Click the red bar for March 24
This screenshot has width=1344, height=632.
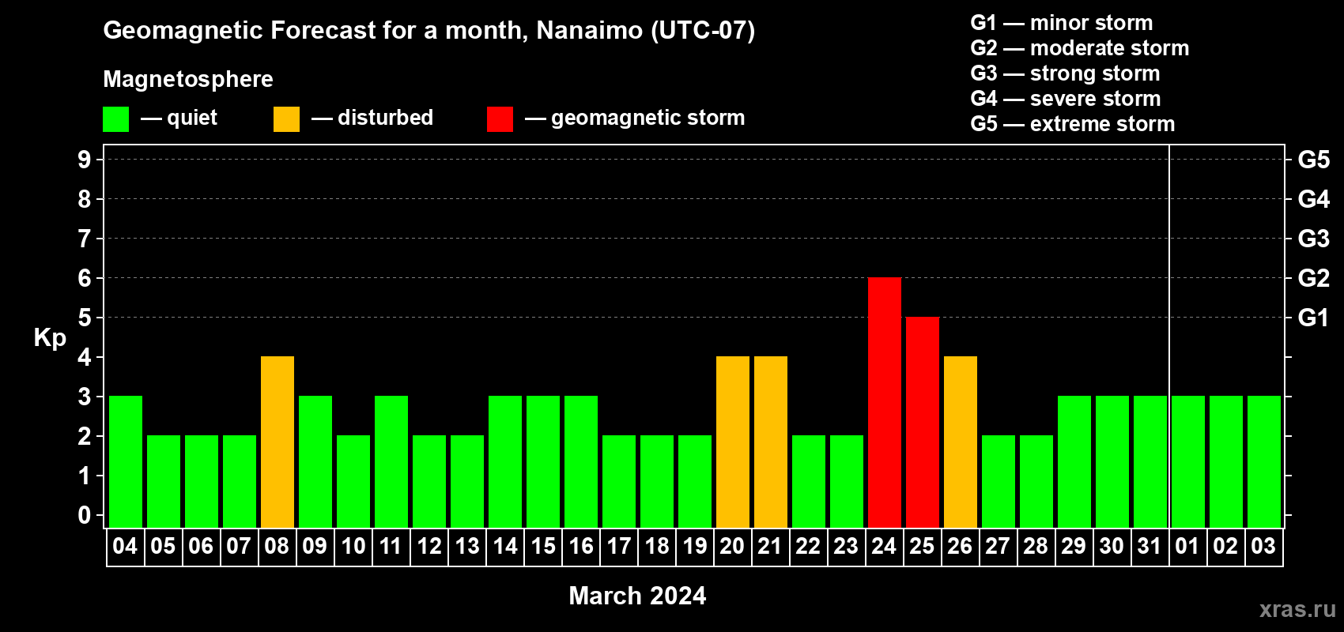pyautogui.click(x=885, y=402)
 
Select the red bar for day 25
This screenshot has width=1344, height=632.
pyautogui.click(x=922, y=422)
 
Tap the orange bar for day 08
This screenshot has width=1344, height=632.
pyautogui.click(x=277, y=442)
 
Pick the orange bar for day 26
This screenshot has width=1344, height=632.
pyautogui.click(x=960, y=442)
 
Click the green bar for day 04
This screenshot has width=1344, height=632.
pyautogui.click(x=126, y=461)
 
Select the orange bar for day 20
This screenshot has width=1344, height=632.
pyautogui.click(x=733, y=442)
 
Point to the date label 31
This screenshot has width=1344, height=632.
pyautogui.click(x=1150, y=546)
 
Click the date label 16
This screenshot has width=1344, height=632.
pyautogui.click(x=581, y=546)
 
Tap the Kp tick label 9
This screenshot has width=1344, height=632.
pyautogui.click(x=84, y=160)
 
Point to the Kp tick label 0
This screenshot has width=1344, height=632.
pyautogui.click(x=84, y=515)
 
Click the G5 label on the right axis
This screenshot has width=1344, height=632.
pyautogui.click(x=1314, y=160)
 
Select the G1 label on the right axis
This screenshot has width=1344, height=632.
pyautogui.click(x=1313, y=318)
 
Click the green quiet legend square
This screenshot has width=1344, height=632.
pyautogui.click(x=115, y=118)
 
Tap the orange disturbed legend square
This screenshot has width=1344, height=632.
pyautogui.click(x=286, y=118)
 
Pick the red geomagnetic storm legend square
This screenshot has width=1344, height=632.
pyautogui.click(x=500, y=118)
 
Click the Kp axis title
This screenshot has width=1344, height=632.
pyautogui.click(x=50, y=338)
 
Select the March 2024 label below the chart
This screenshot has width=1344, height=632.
pyautogui.click(x=637, y=596)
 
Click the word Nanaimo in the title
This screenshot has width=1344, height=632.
pyautogui.click(x=589, y=30)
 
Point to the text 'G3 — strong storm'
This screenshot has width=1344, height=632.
pyautogui.click(x=1065, y=73)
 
